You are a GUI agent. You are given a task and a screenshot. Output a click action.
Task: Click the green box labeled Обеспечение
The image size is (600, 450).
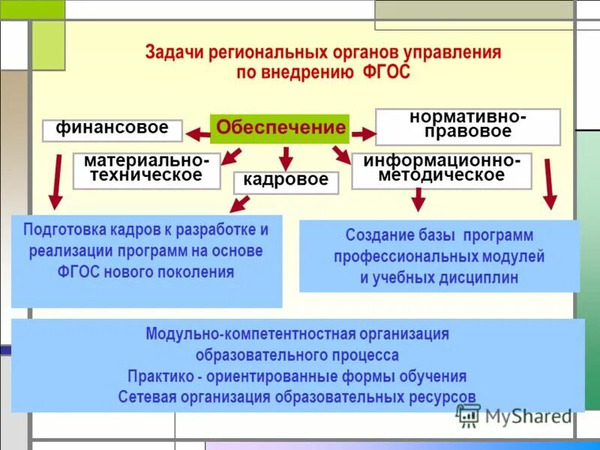click(280, 128)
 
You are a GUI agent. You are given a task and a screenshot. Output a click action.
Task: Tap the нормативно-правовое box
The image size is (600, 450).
click(467, 126)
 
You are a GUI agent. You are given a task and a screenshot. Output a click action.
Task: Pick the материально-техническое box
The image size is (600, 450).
click(146, 170)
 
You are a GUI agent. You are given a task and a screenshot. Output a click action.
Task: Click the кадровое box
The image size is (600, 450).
click(286, 181)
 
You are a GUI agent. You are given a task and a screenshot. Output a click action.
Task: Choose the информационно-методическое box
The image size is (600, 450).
click(441, 170)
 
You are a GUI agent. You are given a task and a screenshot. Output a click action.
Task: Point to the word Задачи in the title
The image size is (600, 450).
click(172, 53)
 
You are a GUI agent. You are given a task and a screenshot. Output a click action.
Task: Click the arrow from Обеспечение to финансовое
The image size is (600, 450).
click(197, 134)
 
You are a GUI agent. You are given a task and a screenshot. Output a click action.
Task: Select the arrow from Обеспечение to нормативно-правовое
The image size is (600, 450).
click(363, 133)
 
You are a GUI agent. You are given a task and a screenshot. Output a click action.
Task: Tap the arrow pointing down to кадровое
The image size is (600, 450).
click(286, 158)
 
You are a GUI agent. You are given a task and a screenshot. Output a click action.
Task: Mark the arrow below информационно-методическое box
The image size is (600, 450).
click(418, 199)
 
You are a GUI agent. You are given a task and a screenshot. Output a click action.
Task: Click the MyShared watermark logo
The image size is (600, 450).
click(517, 415)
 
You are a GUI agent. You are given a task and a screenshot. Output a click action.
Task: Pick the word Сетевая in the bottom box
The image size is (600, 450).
click(148, 397)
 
